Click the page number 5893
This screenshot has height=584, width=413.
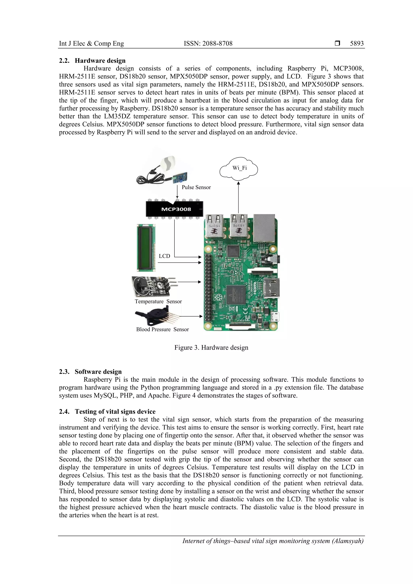pyautogui.click(x=357, y=44)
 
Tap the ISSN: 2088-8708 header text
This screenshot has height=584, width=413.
pyautogui.click(x=208, y=44)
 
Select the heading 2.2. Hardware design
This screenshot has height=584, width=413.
pyautogui.click(x=92, y=60)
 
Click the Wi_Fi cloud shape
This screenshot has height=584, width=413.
pyautogui.click(x=239, y=168)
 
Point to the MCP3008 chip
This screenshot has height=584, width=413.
pyautogui.click(x=175, y=209)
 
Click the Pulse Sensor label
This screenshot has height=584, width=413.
pyautogui.click(x=196, y=187)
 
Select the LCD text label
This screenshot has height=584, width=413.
pyautogui.click(x=164, y=256)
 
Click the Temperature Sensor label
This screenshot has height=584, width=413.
pyautogui.click(x=158, y=301)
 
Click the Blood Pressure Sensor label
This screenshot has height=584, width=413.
pyautogui.click(x=162, y=329)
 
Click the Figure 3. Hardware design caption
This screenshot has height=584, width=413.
pyautogui.click(x=211, y=348)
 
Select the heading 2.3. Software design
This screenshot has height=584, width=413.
pyautogui.click(x=90, y=372)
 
